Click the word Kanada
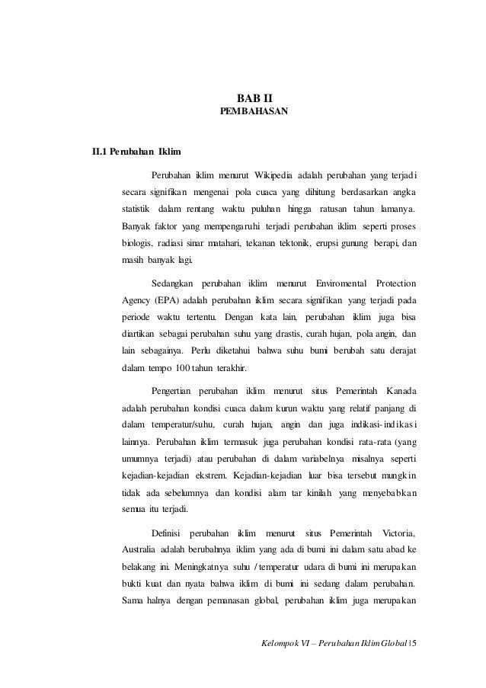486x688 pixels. tap(406, 390)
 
